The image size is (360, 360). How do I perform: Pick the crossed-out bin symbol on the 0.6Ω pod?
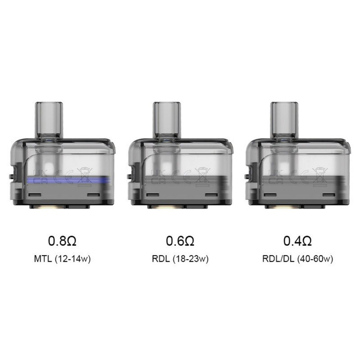click(202, 173)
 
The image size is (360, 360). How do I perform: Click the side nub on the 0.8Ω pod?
click(12, 175)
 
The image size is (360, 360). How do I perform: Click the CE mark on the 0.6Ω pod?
click(182, 174)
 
